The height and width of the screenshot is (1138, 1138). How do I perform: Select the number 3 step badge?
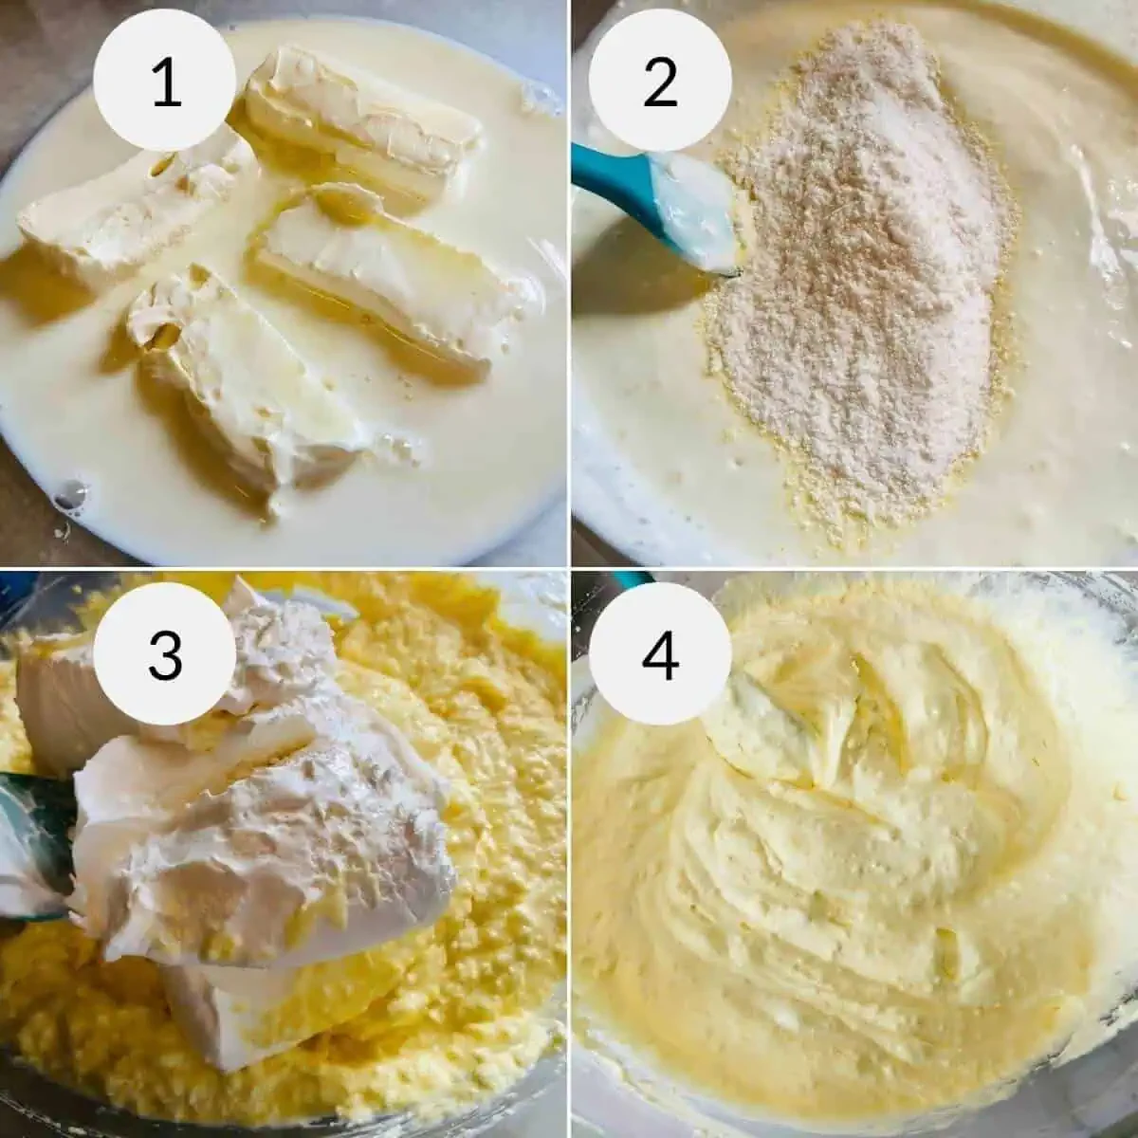pyautogui.click(x=165, y=654)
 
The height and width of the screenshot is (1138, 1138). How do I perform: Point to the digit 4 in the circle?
pyautogui.click(x=660, y=654)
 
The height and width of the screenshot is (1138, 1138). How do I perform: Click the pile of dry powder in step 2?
pyautogui.click(x=856, y=284)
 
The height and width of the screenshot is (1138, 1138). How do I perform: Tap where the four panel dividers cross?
pyautogui.click(x=569, y=569)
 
